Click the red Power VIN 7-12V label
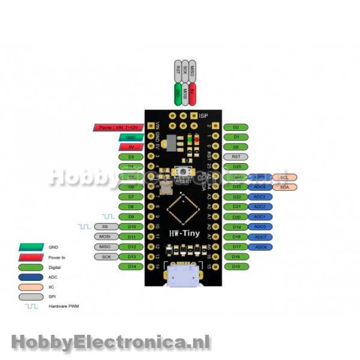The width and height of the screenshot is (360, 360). point(118,127)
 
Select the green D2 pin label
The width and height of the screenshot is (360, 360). point(236,127)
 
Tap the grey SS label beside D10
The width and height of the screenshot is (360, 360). point(106,227)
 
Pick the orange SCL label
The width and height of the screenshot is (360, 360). point(284,177)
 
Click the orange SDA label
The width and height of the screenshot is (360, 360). point(284,187)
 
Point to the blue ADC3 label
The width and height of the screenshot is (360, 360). point(260,197)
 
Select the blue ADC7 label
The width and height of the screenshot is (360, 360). point(260,237)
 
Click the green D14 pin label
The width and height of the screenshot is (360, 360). point(131,266)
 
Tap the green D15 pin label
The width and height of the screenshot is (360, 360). point(236,266)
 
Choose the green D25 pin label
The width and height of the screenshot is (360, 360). point(236,167)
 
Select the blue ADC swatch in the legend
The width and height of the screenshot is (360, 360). point(33,277)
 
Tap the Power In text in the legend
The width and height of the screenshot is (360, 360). point(57,257)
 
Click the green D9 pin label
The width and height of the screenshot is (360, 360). point(131,217)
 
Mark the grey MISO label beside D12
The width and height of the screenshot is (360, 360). point(106,247)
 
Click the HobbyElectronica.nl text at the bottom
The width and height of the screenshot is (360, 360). point(110,343)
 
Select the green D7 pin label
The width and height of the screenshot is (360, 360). point(131,197)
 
